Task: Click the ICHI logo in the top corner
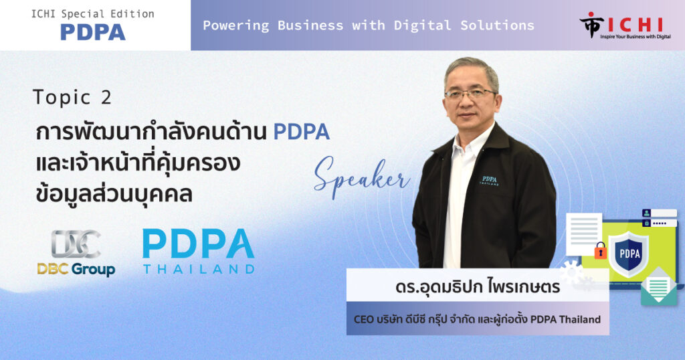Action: click(625, 26)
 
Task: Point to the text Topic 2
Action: click(72, 98)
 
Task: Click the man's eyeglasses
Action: click(470, 94)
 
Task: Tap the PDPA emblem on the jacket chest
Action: click(489, 181)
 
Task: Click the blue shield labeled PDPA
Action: click(629, 254)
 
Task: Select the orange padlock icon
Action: click(600, 251)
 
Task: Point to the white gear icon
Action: click(571, 272)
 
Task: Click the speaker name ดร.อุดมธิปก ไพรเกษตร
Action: click(478, 287)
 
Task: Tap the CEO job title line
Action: click(477, 319)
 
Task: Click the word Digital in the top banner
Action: click(423, 26)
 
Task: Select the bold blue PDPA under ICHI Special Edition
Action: click(92, 32)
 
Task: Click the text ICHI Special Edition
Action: click(92, 14)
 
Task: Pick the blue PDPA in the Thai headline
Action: click(302, 132)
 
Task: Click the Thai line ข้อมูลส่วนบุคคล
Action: click(114, 193)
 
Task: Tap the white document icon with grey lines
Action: click(583, 234)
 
